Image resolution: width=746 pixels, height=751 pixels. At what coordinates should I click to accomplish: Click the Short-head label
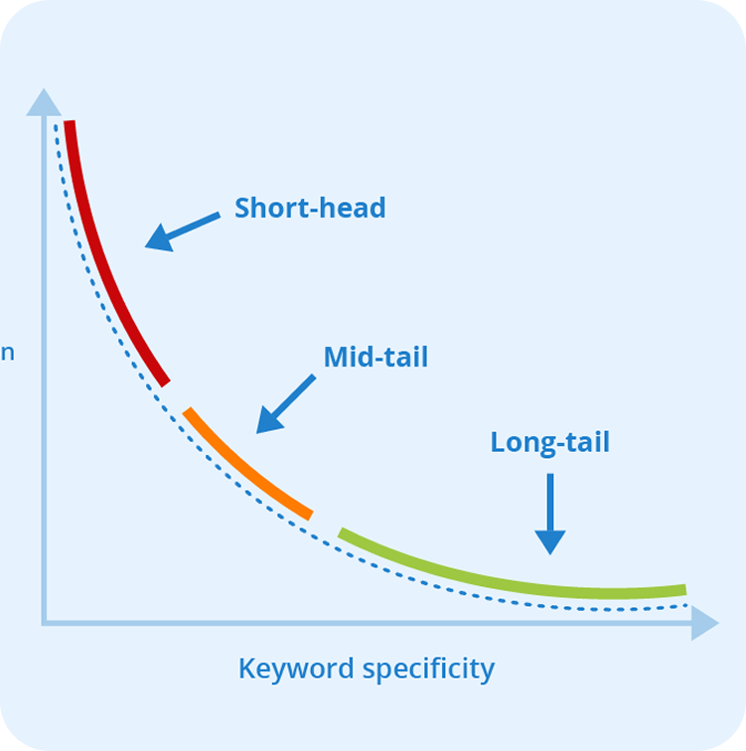[x=310, y=209]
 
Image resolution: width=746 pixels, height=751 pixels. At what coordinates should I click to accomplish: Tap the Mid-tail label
[x=375, y=358]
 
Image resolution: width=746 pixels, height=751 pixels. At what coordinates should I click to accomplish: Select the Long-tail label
[x=549, y=442]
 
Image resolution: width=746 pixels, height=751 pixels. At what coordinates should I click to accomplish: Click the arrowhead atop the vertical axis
[x=43, y=101]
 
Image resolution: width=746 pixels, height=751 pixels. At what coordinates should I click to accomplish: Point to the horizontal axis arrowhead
[x=703, y=623]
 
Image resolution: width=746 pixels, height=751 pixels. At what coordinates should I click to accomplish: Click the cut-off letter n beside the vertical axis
[x=7, y=353]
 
